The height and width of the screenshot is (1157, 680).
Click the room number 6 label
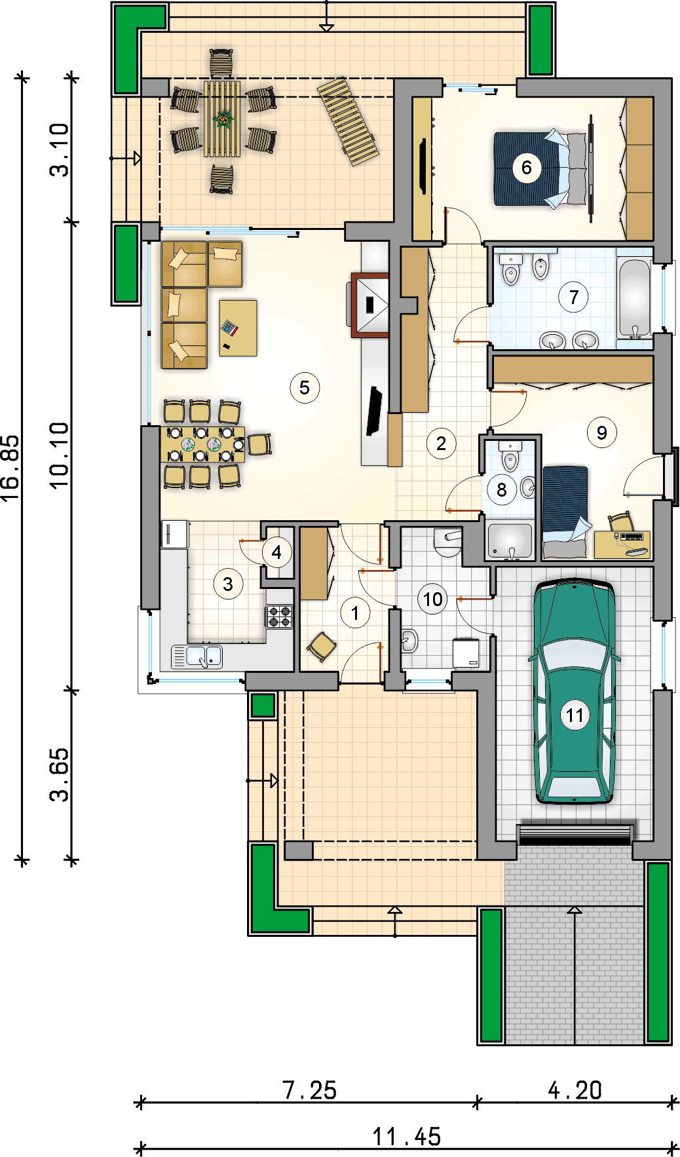(x=526, y=168)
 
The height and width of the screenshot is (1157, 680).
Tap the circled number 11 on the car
(x=575, y=715)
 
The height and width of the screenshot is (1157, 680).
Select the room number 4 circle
(x=276, y=552)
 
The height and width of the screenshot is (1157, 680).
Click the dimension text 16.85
(x=10, y=469)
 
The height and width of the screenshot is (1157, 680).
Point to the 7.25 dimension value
(x=309, y=1090)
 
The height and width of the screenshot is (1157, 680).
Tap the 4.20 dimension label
(x=575, y=1090)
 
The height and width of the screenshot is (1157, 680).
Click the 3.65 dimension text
(x=59, y=775)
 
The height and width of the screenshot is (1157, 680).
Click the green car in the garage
(x=575, y=691)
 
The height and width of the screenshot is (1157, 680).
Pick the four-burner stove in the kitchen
(x=279, y=616)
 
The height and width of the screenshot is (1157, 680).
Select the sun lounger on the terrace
(x=348, y=122)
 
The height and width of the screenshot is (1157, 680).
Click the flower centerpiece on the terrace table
(x=223, y=119)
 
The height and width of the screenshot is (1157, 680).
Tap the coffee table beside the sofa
(x=238, y=328)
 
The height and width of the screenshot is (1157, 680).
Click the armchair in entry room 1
(x=322, y=647)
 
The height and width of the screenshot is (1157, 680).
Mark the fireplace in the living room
(x=371, y=305)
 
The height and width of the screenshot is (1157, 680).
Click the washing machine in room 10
(x=466, y=653)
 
